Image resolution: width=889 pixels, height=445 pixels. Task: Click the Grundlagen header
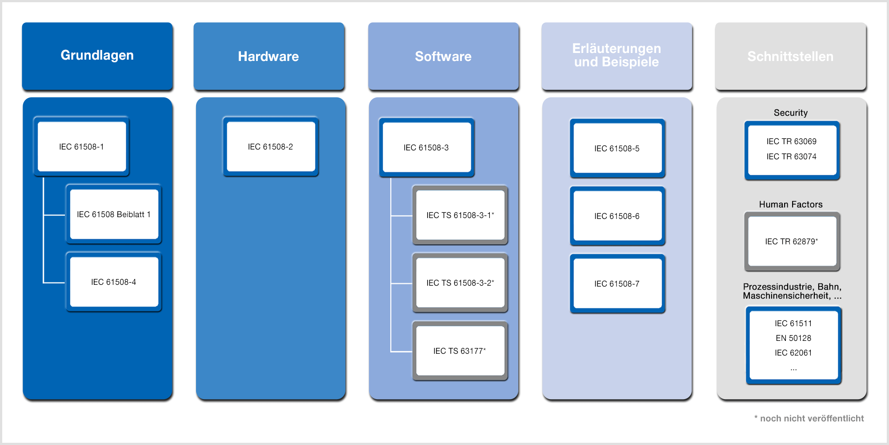97,56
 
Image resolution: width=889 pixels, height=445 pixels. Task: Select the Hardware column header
269,56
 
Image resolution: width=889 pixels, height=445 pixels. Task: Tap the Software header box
444,56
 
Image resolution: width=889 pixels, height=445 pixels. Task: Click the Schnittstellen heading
790,56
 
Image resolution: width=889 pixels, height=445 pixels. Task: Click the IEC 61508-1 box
82,146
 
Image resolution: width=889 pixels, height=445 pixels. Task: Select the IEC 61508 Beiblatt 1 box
114,214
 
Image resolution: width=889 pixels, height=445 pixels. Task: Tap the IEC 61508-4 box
114,282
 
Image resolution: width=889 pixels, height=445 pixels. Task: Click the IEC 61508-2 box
271,146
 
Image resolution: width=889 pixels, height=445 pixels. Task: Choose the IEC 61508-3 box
427,147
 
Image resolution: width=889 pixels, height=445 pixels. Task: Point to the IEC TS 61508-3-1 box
460,215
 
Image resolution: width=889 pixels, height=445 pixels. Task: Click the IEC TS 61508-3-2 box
460,283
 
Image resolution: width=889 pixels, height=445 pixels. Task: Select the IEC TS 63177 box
460,351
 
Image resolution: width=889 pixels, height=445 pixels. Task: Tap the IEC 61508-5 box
617,148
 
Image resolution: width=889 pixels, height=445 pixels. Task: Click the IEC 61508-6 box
617,216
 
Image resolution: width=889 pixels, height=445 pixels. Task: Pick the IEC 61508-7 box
617,283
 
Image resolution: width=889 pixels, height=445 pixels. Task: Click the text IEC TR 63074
792,157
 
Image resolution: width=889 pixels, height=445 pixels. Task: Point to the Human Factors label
791,204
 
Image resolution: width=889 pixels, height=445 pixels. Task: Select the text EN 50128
793,338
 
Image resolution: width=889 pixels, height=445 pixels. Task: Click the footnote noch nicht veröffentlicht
809,418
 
